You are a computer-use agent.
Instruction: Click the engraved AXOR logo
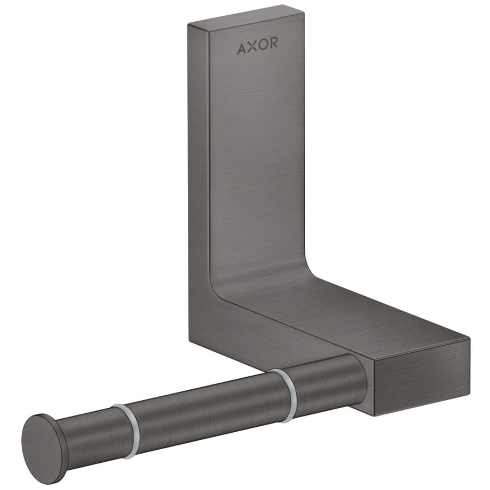click(x=257, y=48)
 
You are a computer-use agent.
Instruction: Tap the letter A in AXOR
click(x=241, y=49)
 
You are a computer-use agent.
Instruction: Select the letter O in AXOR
click(x=262, y=47)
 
